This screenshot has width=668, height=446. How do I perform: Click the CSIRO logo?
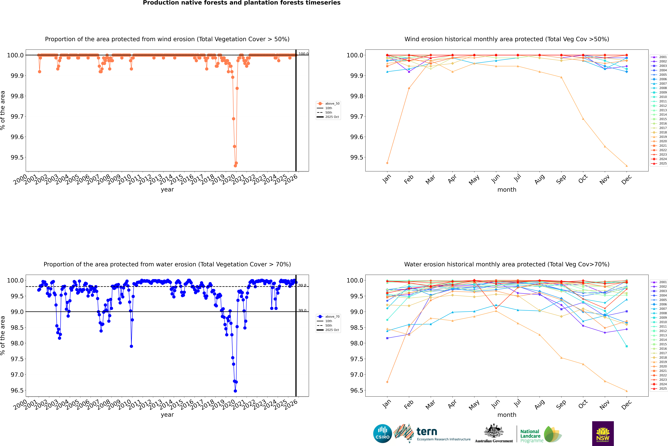point(382,434)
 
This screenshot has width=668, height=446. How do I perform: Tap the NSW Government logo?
point(603,434)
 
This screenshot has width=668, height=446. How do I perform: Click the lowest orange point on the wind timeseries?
point(235,166)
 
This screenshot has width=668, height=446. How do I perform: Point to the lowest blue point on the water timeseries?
point(235,391)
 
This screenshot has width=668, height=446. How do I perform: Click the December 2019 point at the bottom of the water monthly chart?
point(626,391)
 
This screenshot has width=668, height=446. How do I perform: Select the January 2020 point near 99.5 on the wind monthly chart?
point(387,163)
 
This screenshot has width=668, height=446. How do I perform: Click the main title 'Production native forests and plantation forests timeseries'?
point(241,3)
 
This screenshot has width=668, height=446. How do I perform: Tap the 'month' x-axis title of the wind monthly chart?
point(507,190)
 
